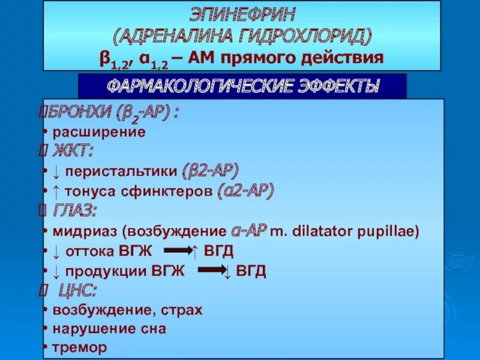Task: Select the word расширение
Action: (x=99, y=132)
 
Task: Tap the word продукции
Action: (x=105, y=271)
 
